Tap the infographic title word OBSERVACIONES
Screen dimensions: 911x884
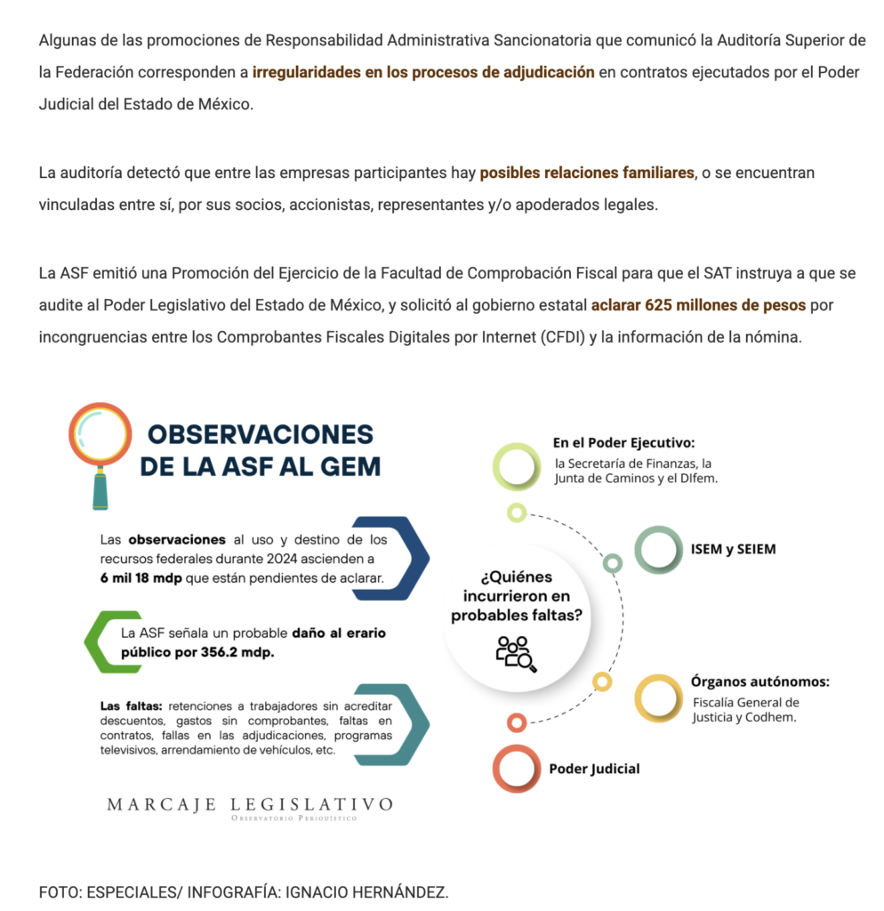click(x=260, y=435)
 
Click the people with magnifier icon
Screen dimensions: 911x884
click(x=515, y=653)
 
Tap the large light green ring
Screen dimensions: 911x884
click(x=517, y=466)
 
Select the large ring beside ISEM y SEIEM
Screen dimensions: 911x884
click(x=657, y=549)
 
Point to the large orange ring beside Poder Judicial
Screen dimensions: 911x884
click(x=517, y=769)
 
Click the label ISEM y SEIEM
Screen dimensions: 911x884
click(x=733, y=549)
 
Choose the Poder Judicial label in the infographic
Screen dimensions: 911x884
click(x=593, y=769)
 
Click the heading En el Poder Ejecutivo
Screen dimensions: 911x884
click(x=623, y=442)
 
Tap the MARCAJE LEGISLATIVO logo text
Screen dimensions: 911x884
click(x=250, y=804)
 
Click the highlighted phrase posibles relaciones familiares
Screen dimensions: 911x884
click(x=587, y=173)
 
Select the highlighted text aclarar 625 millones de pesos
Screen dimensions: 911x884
click(x=698, y=305)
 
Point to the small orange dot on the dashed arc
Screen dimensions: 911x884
click(x=517, y=722)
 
